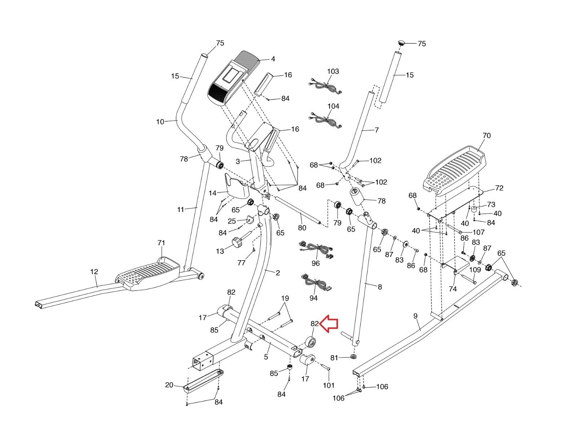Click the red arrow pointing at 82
pos(329,324)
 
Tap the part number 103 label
pos(333,71)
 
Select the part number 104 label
pos(333,106)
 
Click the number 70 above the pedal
pos(486,135)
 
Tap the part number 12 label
pos(94,272)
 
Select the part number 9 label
pos(415,316)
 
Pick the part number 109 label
pos(475,270)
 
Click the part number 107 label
pos(479,232)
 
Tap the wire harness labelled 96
pos(316,249)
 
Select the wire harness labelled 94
pos(316,283)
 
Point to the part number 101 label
pos(329,385)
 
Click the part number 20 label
pos(169,385)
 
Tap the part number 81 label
pos(334,358)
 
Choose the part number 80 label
pos(302,228)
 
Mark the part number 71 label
pos(161,243)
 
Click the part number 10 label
pos(160,122)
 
